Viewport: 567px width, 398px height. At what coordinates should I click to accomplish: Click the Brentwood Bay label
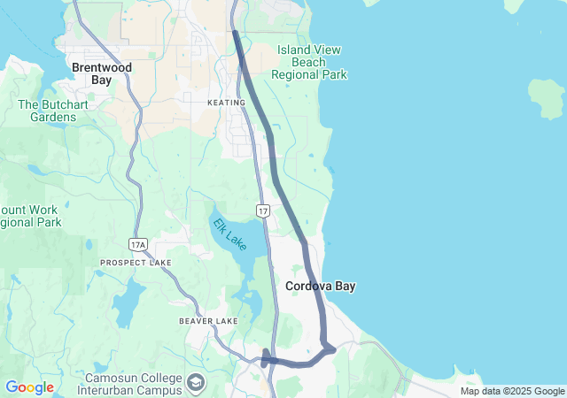click(101, 73)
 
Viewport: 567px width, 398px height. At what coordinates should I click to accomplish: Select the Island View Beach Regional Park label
click(309, 63)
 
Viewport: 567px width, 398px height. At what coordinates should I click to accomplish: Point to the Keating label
click(226, 103)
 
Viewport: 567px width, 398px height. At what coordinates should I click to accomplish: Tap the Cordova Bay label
click(320, 287)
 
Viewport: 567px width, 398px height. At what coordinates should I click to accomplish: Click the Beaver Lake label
click(208, 321)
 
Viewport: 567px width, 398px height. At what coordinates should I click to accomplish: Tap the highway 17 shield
click(263, 210)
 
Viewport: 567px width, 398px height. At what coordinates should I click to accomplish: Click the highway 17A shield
click(136, 243)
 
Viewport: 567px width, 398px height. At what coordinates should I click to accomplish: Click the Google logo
click(29, 387)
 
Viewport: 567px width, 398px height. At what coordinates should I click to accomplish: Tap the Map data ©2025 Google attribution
click(511, 392)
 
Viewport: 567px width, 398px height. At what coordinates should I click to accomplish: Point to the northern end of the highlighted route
click(235, 33)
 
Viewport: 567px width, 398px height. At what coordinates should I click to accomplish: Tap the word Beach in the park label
click(309, 63)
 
